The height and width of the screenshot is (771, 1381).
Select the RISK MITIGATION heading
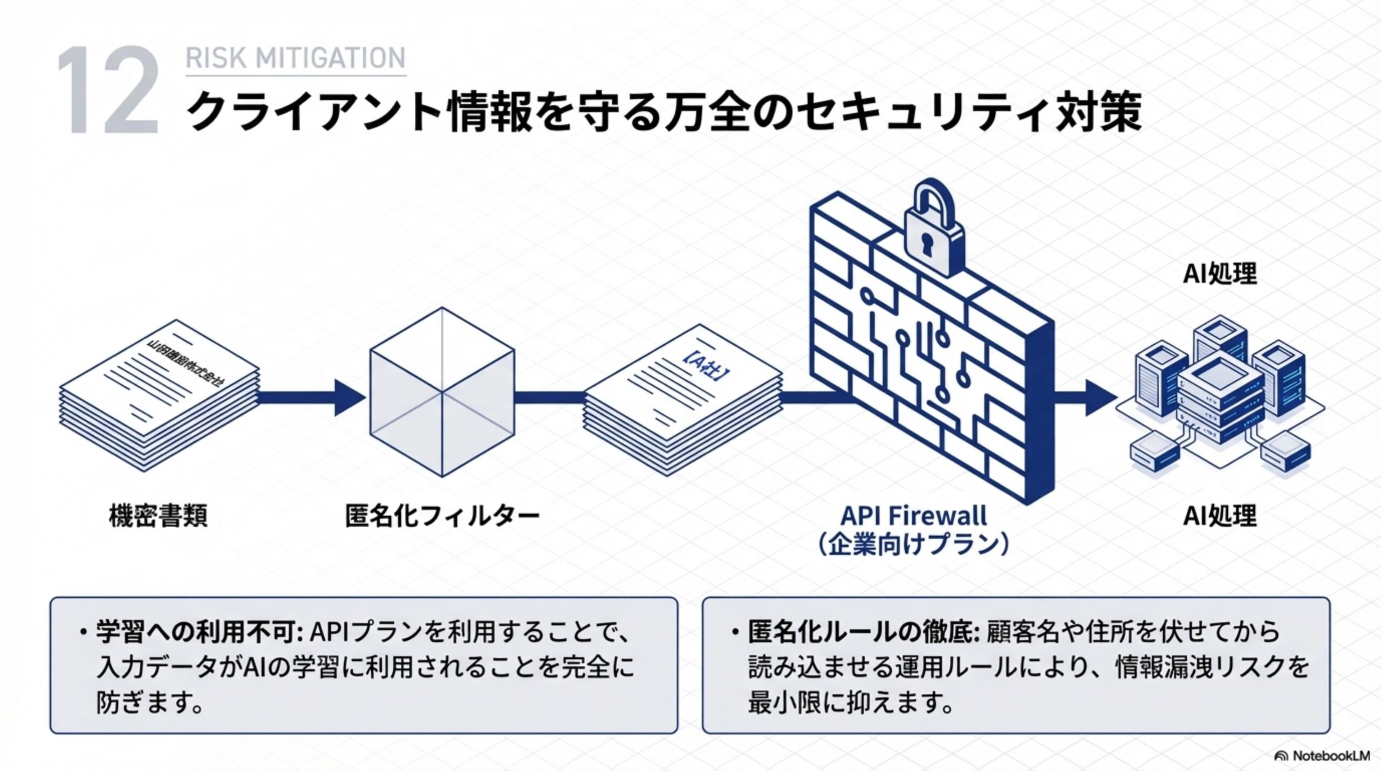[295, 58]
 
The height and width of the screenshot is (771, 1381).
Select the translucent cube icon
[442, 392]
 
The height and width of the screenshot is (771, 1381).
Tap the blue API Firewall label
[914, 515]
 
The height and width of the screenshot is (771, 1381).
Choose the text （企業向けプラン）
[914, 545]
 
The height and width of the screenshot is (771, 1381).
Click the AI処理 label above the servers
[1220, 274]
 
